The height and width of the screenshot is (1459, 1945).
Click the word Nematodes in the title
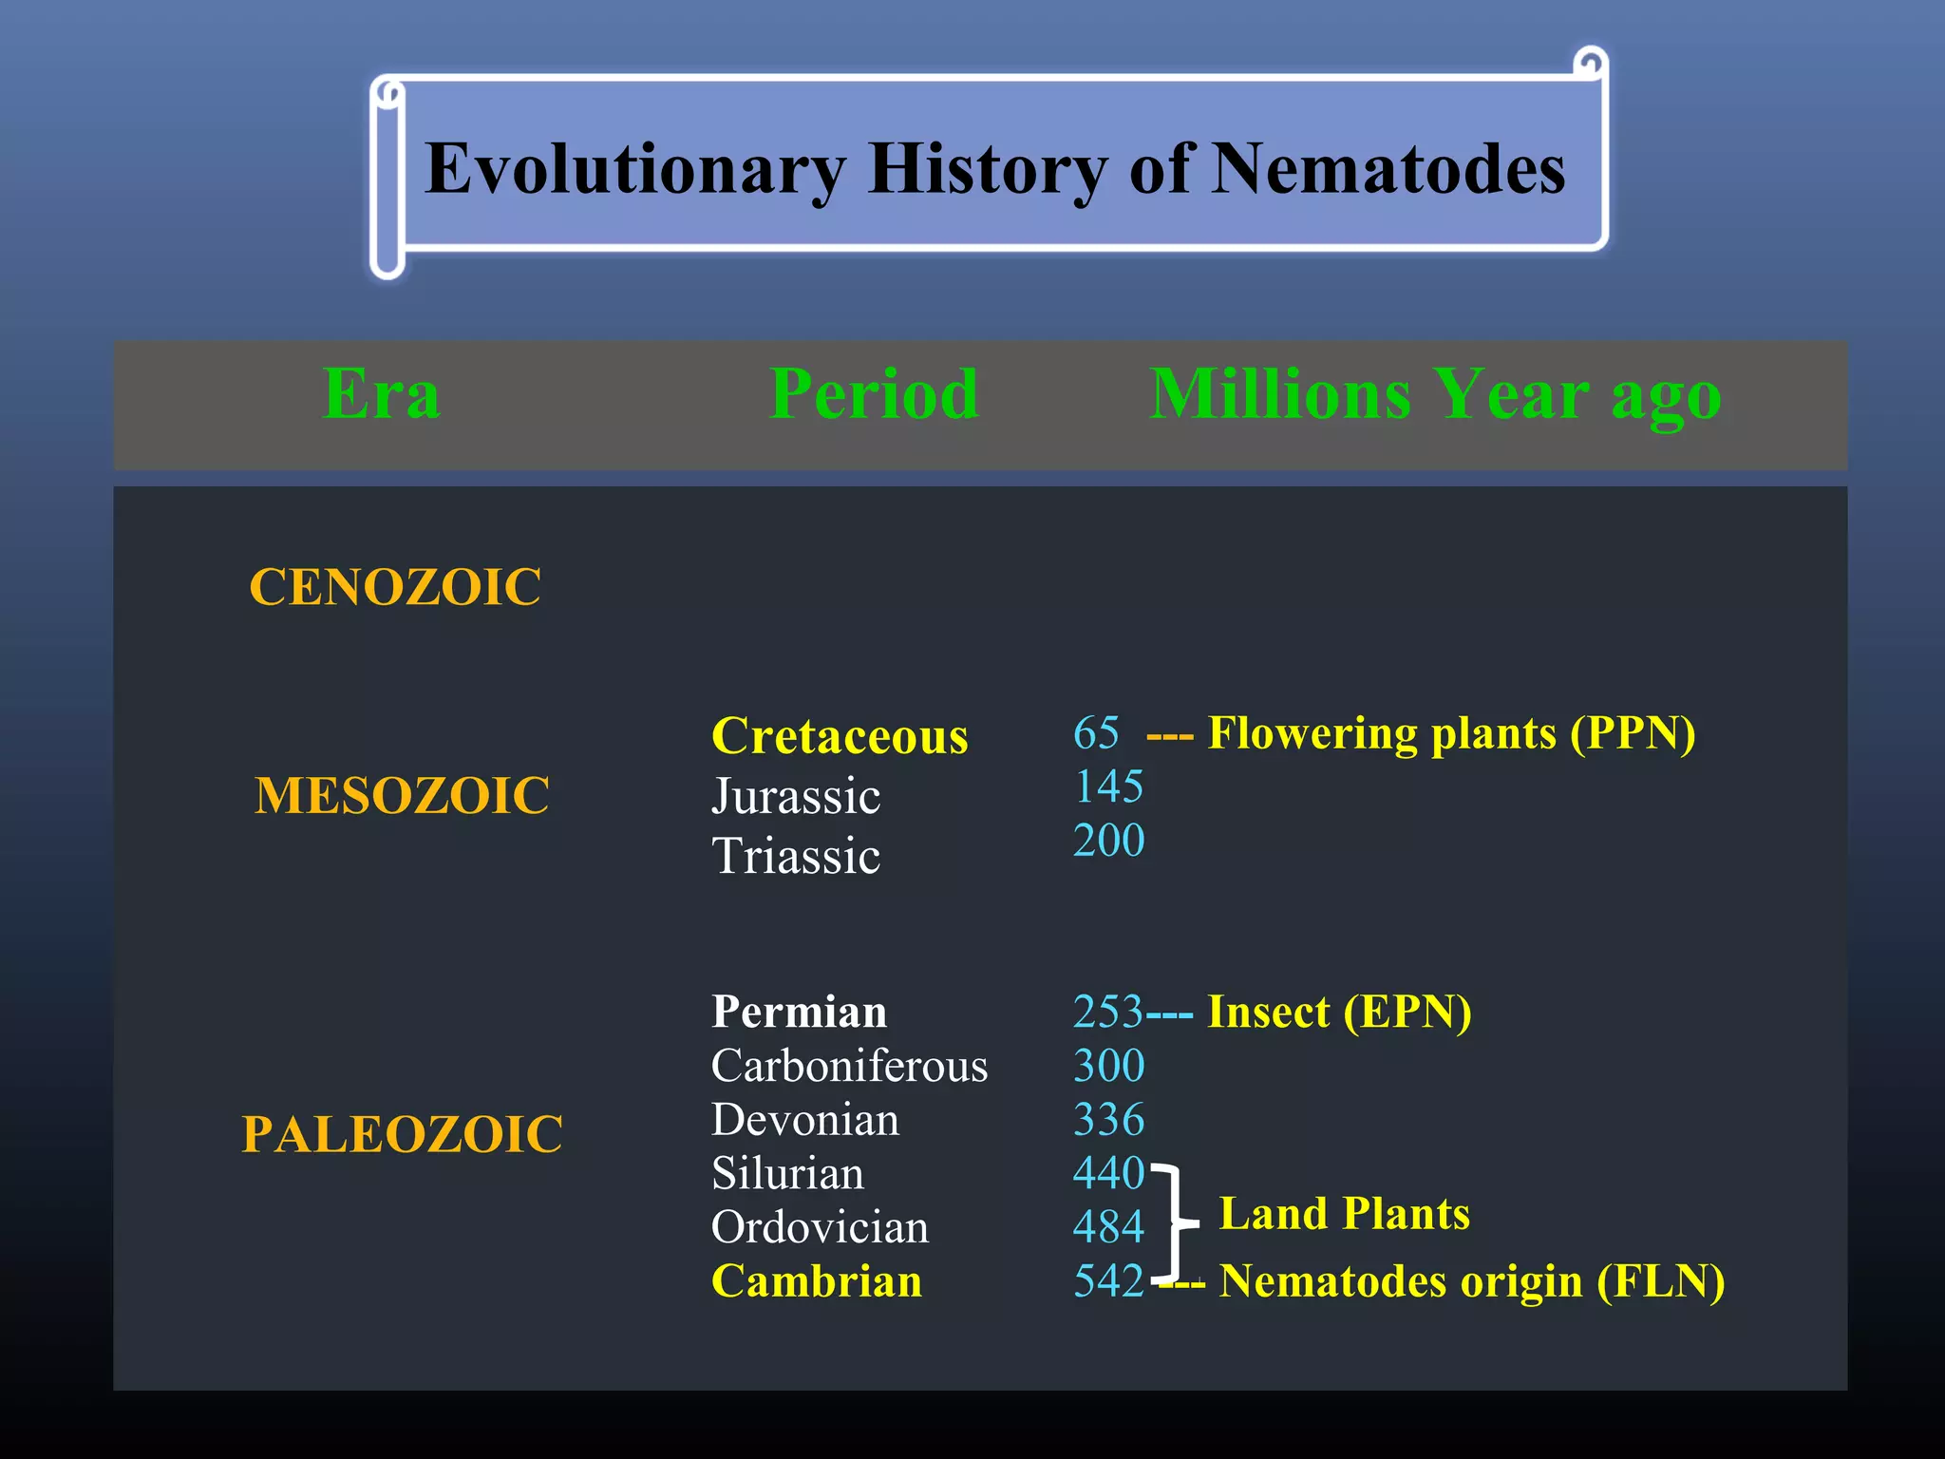pos(1388,169)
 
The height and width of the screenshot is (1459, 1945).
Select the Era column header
pos(381,393)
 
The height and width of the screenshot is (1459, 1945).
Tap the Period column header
pos(874,393)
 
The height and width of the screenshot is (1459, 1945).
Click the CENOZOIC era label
pos(395,586)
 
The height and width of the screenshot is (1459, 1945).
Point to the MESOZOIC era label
pos(402,795)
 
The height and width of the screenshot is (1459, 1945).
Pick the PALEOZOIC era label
pos(402,1134)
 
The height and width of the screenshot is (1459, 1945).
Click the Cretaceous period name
pos(840,736)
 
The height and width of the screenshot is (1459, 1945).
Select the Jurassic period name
pos(796,796)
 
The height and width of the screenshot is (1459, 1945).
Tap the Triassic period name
pos(796,856)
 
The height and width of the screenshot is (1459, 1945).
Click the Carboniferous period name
pos(849,1066)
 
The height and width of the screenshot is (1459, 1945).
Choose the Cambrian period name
pos(817,1281)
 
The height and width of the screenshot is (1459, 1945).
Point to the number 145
pos(1108,786)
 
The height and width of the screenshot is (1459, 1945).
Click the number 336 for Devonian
pos(1108,1120)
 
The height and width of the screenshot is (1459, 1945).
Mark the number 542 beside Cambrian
pos(1108,1281)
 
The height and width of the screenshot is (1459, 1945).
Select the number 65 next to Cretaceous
pos(1096,733)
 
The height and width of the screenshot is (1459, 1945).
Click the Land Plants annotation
pos(1344,1214)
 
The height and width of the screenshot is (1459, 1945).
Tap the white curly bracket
pos(1176,1223)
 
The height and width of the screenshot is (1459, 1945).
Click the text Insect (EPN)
pos(1339,1012)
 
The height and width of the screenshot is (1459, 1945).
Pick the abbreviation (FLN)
pos(1660,1281)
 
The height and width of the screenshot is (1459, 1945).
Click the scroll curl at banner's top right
pos(1590,65)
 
